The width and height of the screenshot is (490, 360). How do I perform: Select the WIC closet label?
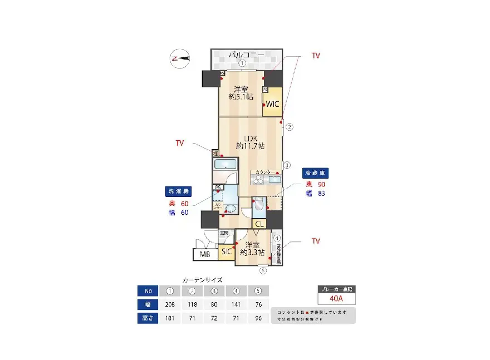point(272,103)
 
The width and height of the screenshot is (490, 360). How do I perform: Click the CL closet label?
point(259,224)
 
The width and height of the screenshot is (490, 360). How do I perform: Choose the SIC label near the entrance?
point(227,252)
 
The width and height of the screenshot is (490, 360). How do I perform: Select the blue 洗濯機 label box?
point(179,191)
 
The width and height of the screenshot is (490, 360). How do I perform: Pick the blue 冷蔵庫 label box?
point(315,172)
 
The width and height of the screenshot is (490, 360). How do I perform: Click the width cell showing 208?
point(170,304)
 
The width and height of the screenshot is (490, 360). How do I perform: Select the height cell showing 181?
point(170,318)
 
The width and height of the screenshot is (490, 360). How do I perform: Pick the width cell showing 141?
point(236,304)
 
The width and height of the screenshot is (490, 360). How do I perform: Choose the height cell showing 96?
point(257,318)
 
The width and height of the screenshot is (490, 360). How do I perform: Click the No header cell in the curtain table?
point(148,290)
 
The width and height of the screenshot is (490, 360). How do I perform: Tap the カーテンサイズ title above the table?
point(203,280)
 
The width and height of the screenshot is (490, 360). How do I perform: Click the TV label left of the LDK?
point(180,144)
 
